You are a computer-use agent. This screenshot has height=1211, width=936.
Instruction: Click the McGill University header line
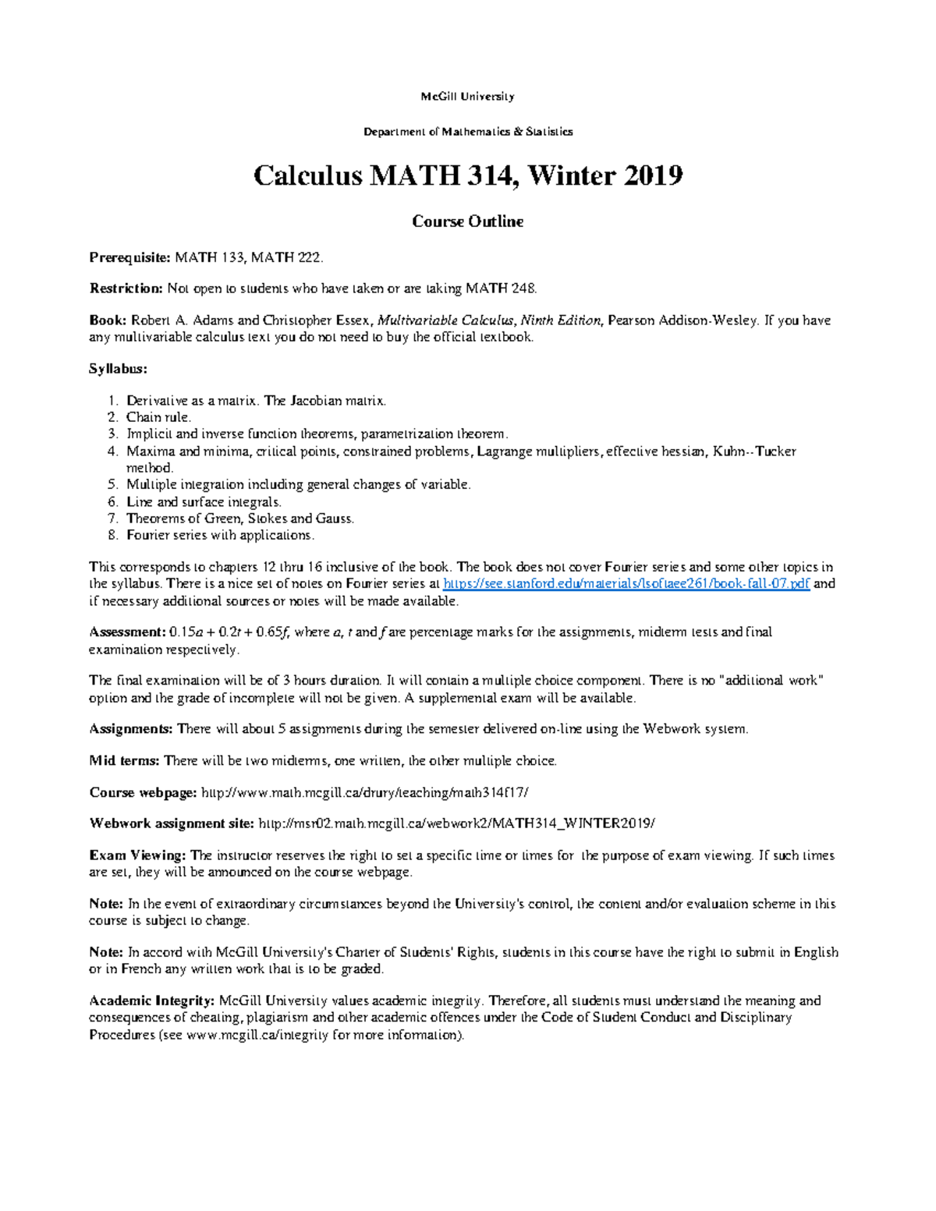[467, 97]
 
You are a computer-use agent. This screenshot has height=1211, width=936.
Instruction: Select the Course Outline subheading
[467, 221]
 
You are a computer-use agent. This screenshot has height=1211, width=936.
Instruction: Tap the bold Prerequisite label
[129, 257]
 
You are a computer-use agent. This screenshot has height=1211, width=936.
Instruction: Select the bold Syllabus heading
[118, 368]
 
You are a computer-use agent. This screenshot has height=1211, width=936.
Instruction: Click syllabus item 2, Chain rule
[158, 417]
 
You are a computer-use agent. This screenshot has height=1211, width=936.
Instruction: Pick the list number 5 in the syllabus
[112, 484]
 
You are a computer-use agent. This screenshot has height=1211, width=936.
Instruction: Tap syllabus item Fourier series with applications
[220, 535]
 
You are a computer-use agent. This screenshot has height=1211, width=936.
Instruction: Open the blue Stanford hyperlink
[626, 584]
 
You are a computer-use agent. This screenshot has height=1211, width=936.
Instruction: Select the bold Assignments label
[130, 729]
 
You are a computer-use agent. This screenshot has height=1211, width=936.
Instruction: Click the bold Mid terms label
[125, 761]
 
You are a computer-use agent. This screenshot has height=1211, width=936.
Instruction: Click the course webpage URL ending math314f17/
[365, 793]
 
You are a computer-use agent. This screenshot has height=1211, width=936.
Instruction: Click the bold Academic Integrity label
[151, 1000]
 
